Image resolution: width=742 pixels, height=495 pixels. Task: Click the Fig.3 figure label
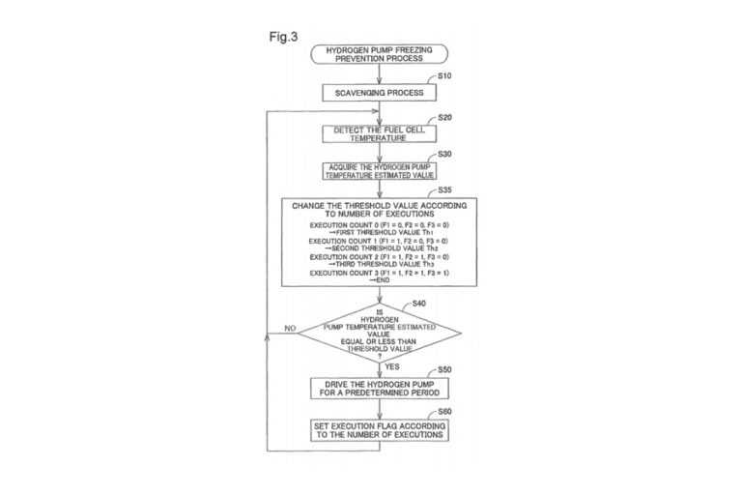(283, 36)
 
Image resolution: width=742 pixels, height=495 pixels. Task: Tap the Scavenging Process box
(379, 93)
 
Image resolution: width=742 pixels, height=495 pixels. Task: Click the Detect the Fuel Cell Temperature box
(379, 133)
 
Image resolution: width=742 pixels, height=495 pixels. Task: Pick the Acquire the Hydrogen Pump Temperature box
(379, 171)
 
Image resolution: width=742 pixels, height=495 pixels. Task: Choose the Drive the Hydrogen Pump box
(379, 388)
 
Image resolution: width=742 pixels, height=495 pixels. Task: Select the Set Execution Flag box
(379, 430)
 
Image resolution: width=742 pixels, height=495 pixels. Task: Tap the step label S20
(444, 116)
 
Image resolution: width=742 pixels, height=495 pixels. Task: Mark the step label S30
(444, 155)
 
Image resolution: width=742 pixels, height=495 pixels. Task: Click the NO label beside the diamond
(289, 329)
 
